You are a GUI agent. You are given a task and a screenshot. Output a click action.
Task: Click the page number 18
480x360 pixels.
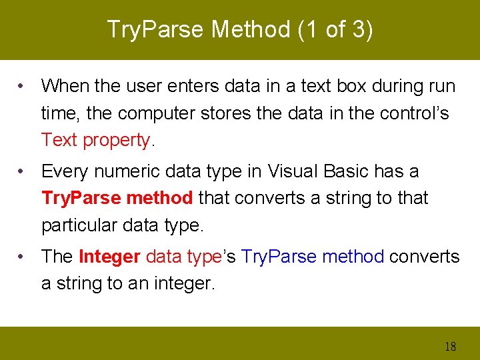[450, 346]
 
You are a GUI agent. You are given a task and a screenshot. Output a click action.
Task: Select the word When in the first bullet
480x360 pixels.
[64, 86]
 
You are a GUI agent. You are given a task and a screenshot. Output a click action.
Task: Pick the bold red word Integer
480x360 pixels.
[109, 257]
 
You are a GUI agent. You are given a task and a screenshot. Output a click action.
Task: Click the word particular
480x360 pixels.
[80, 225]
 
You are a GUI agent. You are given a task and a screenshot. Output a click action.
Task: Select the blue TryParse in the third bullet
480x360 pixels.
[275, 257]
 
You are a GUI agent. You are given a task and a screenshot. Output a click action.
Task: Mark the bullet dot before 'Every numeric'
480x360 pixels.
[23, 171]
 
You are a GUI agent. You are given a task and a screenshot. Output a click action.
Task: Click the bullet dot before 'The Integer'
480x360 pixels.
[23, 257]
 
